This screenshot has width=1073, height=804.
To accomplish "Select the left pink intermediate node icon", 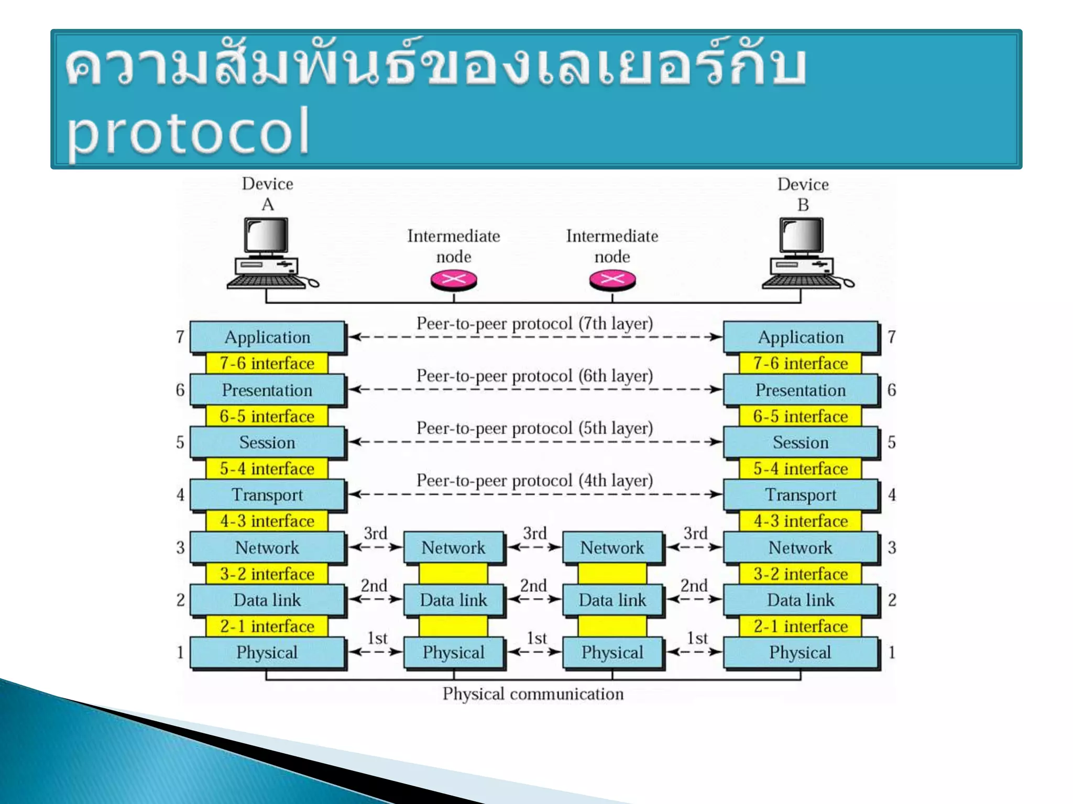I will click(454, 280).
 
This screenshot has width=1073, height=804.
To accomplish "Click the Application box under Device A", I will click(267, 337).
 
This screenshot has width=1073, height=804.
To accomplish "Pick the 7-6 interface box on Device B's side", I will click(800, 363).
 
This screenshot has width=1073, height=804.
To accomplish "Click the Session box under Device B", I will click(800, 442).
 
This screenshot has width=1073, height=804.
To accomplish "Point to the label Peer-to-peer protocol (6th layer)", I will click(534, 376).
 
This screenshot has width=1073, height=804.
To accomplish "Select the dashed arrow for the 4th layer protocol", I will click(534, 494).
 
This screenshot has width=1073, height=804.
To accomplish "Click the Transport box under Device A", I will click(267, 495).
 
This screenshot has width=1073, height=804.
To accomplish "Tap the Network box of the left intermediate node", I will click(454, 548).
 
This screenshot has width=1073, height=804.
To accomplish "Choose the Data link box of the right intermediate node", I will click(612, 600).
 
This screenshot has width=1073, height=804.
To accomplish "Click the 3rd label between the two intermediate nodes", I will click(534, 533).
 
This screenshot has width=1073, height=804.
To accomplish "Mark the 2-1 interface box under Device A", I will click(267, 626).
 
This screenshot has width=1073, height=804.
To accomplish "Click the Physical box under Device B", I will click(800, 652).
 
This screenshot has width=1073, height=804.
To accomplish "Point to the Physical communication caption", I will click(533, 694).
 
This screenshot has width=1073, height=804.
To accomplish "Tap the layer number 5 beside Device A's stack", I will click(180, 442).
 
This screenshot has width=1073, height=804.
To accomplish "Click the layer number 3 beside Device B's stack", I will click(892, 548).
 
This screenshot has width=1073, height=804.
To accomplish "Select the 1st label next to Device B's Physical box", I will click(697, 638).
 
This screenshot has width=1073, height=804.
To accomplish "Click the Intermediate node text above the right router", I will click(612, 246).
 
